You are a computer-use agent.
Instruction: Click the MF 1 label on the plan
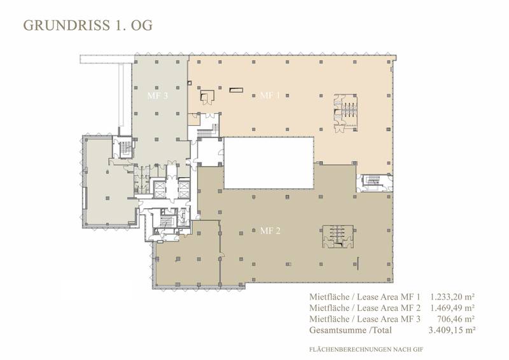(x=270, y=95)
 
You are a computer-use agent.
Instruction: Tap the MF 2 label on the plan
(x=270, y=231)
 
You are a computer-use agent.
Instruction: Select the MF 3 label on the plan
(x=157, y=96)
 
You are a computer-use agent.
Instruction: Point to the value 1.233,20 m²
(x=452, y=296)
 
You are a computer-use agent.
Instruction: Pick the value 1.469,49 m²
(x=452, y=308)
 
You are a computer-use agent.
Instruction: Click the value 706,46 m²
(x=456, y=319)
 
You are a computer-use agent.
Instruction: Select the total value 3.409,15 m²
(x=452, y=330)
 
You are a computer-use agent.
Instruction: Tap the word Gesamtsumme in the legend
(x=338, y=330)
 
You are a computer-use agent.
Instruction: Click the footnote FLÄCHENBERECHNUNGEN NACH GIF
(x=366, y=350)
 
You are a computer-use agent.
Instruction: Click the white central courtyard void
(x=268, y=163)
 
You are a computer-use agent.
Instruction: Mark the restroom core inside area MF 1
(x=345, y=113)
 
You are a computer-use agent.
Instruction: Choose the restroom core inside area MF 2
(x=338, y=237)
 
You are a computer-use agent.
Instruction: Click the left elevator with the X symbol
(x=160, y=190)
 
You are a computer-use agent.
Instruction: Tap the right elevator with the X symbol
(x=184, y=190)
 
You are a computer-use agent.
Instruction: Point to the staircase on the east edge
(x=374, y=183)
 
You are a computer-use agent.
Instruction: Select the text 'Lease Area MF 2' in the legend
(x=389, y=308)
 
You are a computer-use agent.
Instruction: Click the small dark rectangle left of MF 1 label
(x=236, y=90)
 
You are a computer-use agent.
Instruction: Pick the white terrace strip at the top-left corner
(x=107, y=59)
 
